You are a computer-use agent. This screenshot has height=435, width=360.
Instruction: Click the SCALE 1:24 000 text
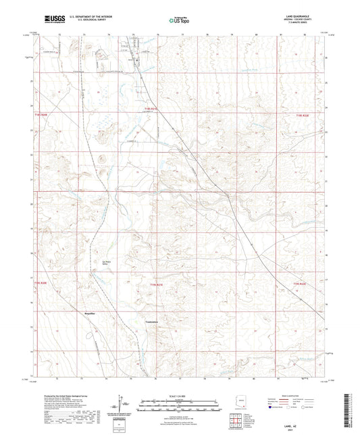tap(180, 395)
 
